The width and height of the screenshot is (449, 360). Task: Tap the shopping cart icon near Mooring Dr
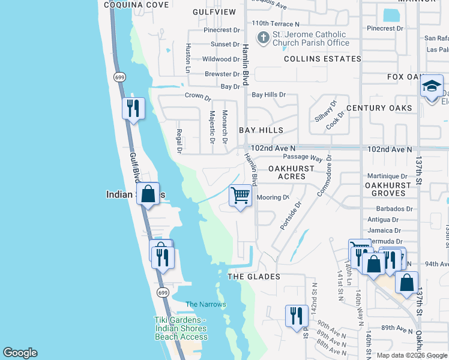coord(240,195)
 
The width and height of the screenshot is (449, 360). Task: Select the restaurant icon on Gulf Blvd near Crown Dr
coord(133,108)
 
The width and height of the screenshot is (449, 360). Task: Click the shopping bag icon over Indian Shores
coord(148,194)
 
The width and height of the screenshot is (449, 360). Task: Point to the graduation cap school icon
coord(431,87)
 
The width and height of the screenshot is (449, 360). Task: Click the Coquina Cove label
coord(136,4)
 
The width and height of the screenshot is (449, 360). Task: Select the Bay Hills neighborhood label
coord(261,130)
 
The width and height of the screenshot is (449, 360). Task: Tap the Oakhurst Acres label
coord(291,173)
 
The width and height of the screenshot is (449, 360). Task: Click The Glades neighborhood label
coord(254,277)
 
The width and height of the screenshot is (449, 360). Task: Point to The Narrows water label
coord(206,305)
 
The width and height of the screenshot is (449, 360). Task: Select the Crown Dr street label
coord(197,96)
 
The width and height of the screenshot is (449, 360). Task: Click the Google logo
coord(20,353)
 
